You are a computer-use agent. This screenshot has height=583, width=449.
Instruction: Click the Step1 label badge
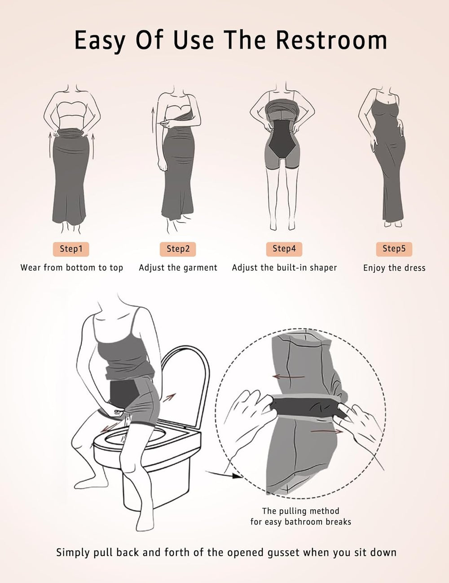click(x=71, y=249)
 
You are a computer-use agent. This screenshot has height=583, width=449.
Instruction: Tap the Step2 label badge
click(x=178, y=249)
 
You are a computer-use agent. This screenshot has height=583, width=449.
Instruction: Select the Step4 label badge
click(x=284, y=249)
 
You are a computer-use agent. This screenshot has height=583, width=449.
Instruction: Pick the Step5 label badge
click(x=394, y=249)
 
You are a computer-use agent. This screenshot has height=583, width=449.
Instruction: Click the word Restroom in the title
click(x=331, y=40)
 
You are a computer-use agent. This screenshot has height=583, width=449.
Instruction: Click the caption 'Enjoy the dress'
click(x=394, y=268)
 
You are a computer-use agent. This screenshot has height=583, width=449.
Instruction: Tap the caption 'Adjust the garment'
click(x=178, y=268)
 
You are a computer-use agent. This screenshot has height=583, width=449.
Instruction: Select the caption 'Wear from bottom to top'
click(x=72, y=268)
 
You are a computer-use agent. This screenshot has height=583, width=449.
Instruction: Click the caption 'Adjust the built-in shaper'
click(x=284, y=268)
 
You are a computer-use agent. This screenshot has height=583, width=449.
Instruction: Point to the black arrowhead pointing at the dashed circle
click(x=238, y=476)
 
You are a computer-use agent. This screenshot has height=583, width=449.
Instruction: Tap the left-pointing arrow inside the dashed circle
click(x=289, y=377)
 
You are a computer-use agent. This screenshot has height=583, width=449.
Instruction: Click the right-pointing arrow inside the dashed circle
click(x=327, y=431)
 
